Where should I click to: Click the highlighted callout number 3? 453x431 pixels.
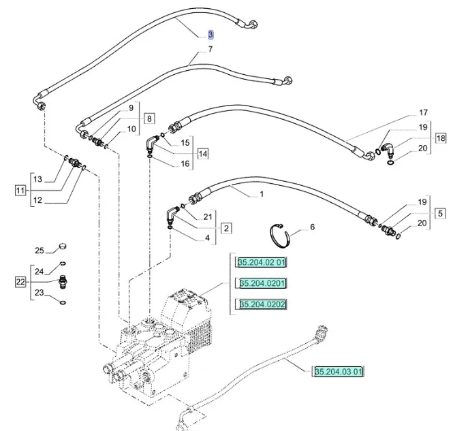(210, 34)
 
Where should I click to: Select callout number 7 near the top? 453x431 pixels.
(210, 49)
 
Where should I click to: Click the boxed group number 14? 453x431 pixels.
(203, 153)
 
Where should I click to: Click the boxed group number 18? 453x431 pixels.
(441, 138)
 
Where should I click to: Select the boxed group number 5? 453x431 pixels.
(441, 213)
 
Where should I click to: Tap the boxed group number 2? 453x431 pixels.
(225, 227)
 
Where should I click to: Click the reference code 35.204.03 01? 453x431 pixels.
(339, 372)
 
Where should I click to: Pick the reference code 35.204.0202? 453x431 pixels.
(262, 304)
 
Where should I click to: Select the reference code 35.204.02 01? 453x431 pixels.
(264, 263)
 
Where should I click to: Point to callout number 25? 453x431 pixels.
(40, 250)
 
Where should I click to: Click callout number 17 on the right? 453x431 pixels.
(422, 112)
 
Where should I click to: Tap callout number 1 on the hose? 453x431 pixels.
(261, 194)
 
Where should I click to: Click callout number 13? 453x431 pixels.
(38, 179)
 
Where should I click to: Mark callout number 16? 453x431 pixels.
(185, 164)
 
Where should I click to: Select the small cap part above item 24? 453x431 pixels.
(63, 245)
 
